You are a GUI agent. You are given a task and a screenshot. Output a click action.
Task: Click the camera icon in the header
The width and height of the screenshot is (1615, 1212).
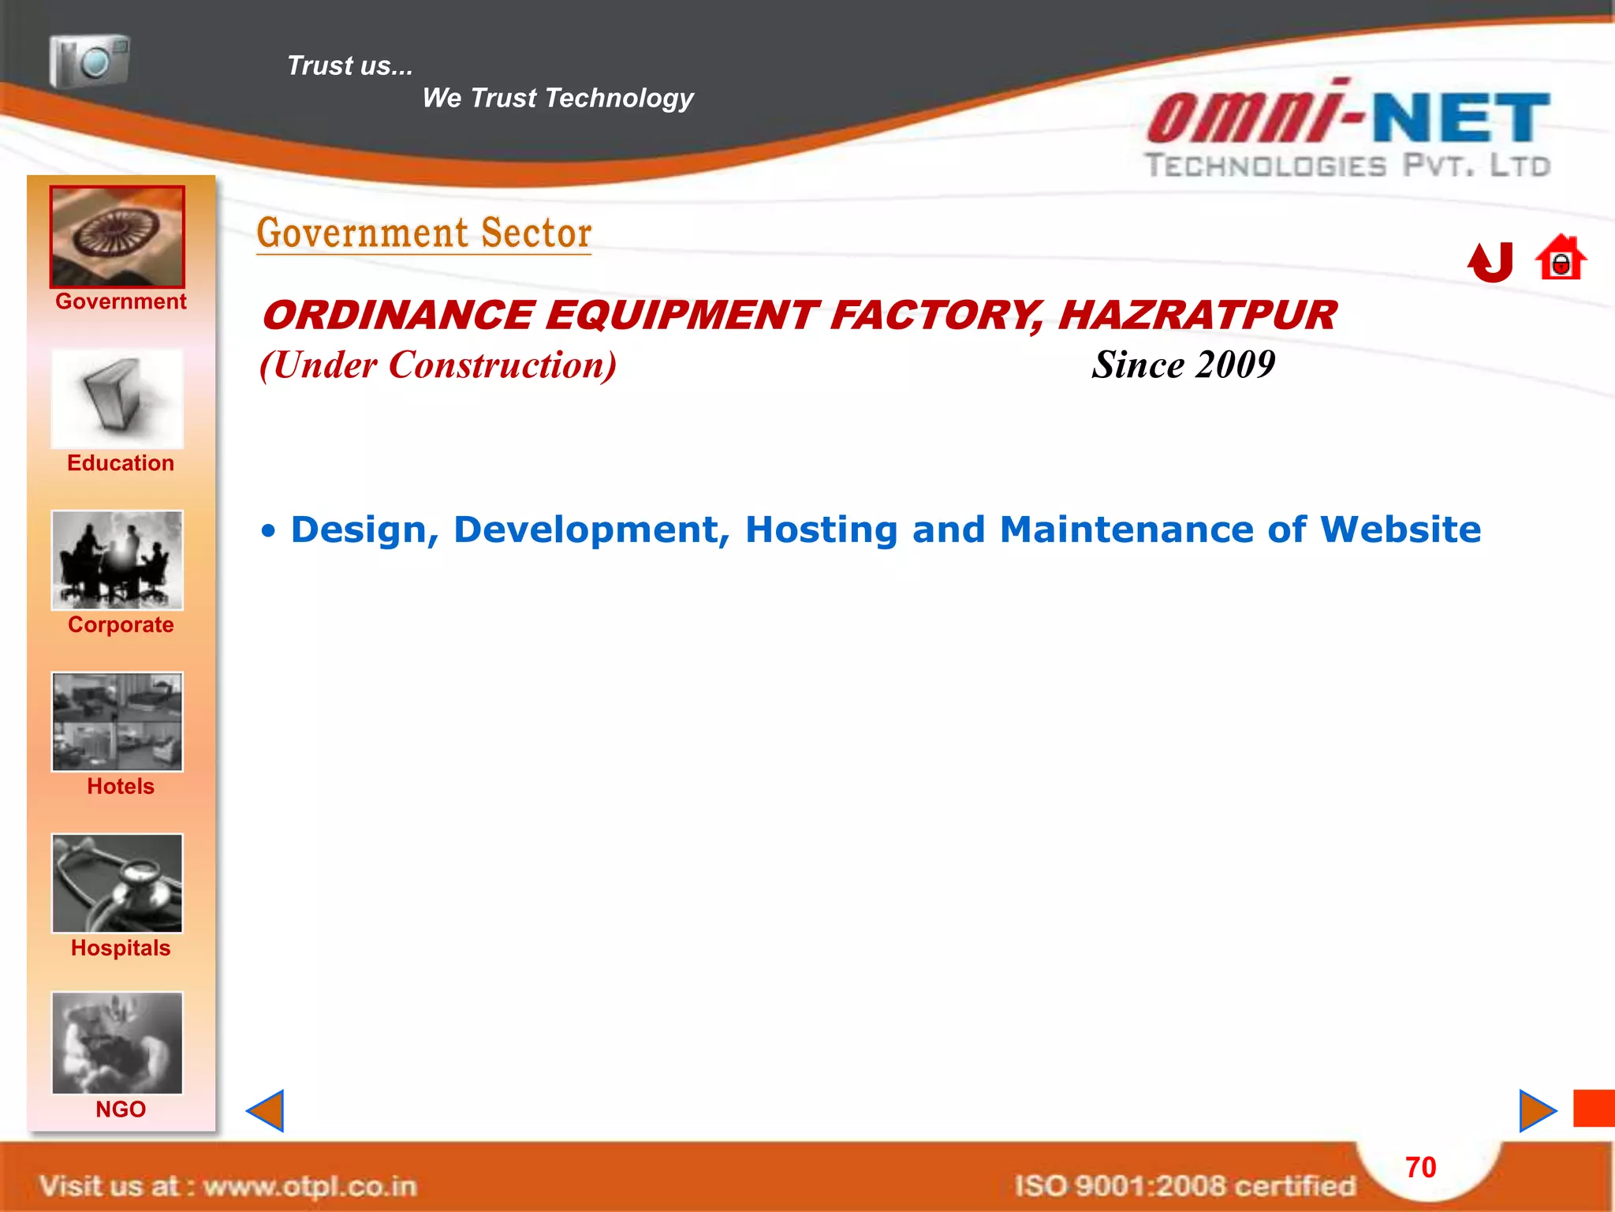pyautogui.click(x=89, y=61)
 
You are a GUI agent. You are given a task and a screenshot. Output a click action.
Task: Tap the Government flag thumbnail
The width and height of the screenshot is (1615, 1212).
pyautogui.click(x=117, y=237)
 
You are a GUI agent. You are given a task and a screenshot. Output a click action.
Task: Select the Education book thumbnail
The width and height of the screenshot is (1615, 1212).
pyautogui.click(x=117, y=399)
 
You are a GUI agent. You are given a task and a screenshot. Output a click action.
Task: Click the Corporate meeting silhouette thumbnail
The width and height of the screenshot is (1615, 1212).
pyautogui.click(x=117, y=560)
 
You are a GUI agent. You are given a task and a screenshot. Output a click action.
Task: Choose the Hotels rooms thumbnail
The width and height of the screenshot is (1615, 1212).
pyautogui.click(x=117, y=721)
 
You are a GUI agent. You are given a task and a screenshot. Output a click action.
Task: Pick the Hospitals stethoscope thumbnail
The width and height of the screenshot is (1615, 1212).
pyautogui.click(x=117, y=883)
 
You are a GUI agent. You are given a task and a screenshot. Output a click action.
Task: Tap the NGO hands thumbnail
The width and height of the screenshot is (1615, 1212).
pyautogui.click(x=117, y=1042)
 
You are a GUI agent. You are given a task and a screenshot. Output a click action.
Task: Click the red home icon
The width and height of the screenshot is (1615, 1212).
pyautogui.click(x=1561, y=259)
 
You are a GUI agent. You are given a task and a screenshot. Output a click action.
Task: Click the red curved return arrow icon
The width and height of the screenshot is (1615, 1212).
pyautogui.click(x=1490, y=262)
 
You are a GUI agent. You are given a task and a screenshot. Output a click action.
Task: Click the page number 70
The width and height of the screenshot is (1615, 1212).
pyautogui.click(x=1420, y=1168)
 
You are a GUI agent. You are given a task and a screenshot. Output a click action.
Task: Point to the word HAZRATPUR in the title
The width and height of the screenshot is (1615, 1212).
pyautogui.click(x=1197, y=316)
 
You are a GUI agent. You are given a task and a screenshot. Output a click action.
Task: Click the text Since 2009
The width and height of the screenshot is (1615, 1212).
pyautogui.click(x=1183, y=365)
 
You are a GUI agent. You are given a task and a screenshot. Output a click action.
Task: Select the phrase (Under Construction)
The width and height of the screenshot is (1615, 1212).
pyautogui.click(x=438, y=365)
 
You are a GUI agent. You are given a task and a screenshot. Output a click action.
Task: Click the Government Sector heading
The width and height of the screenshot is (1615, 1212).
pyautogui.click(x=424, y=234)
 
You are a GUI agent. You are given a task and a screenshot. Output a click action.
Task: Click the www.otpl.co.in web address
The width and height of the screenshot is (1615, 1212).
pyautogui.click(x=309, y=1186)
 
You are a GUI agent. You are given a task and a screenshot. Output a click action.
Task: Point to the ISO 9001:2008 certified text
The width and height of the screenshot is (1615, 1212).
pyautogui.click(x=1184, y=1185)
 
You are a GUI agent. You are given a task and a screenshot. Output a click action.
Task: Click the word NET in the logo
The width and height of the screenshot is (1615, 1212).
pyautogui.click(x=1461, y=118)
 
